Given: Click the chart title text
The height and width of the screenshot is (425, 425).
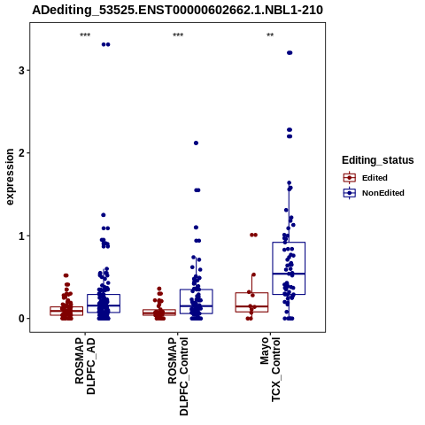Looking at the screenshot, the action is pos(177,11).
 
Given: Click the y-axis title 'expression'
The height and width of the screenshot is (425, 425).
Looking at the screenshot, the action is pos(10,177).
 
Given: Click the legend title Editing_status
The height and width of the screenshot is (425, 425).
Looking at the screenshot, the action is pos(378,160).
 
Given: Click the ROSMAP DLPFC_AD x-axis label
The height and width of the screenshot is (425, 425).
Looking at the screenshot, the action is pos(85,366).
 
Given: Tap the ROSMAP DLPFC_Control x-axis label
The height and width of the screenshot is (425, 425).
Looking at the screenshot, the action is pos(178,376).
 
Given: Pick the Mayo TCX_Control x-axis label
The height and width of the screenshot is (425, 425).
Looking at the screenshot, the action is pos(270,369).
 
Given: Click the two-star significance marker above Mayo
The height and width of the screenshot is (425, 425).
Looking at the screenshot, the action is pos(270,35).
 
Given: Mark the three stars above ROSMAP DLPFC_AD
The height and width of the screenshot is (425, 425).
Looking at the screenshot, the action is pos(85,35).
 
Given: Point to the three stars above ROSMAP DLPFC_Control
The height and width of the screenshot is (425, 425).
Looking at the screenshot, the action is pos(178,35).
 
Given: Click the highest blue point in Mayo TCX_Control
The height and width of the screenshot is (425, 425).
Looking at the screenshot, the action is pos(290,53).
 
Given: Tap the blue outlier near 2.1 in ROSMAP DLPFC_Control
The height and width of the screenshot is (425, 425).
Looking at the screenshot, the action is pos(196,143).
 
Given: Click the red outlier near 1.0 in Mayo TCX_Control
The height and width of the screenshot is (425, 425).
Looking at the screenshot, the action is pos(253,235).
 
